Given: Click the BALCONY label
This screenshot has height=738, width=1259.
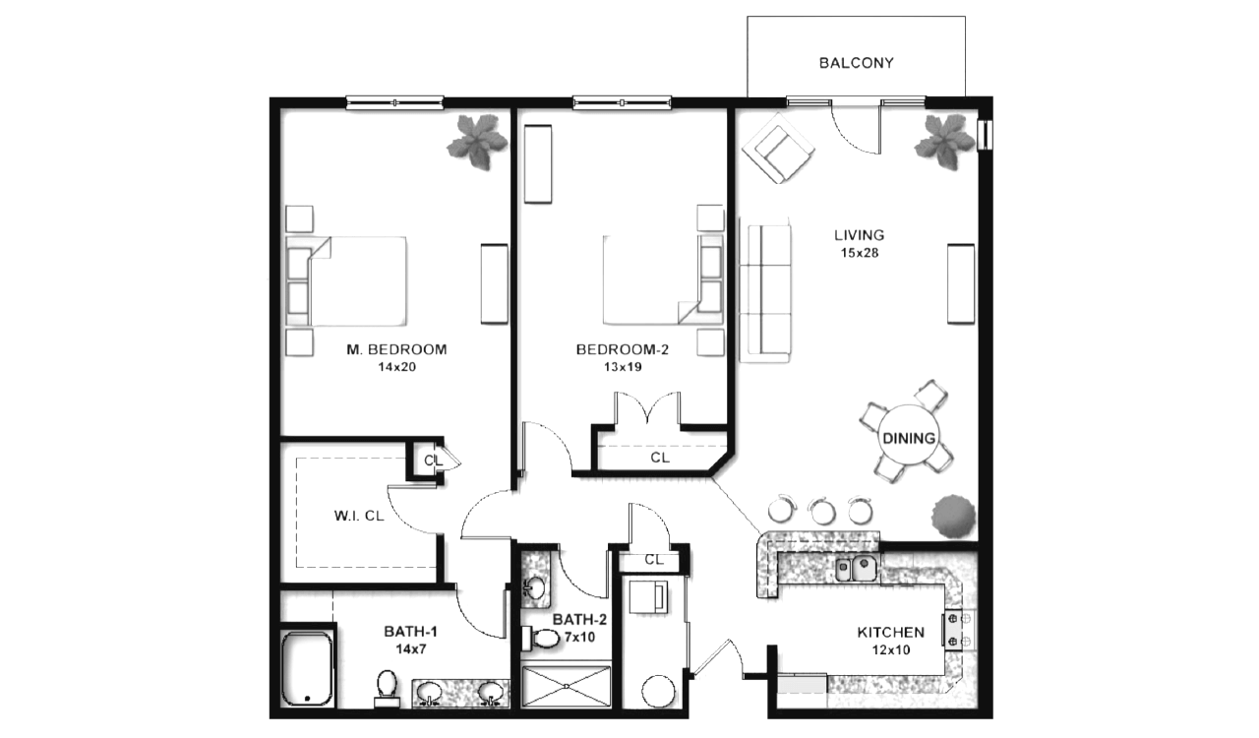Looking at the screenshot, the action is [x=856, y=62].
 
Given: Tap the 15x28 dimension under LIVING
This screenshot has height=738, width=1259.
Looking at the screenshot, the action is [x=860, y=253].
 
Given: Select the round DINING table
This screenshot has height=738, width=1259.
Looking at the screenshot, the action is [x=908, y=435].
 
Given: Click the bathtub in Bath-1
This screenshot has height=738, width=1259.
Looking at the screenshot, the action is [x=307, y=668].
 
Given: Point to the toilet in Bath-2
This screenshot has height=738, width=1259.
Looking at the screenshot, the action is [x=540, y=638].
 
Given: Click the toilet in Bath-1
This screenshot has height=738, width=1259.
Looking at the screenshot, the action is [x=387, y=689].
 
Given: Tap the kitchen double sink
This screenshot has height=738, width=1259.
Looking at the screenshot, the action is [x=856, y=568].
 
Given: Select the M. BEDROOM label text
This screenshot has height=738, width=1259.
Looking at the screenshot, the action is [x=396, y=349].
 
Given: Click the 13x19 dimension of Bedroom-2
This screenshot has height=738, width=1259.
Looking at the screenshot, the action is [x=623, y=367].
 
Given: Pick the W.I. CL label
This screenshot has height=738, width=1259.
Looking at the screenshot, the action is [x=359, y=516].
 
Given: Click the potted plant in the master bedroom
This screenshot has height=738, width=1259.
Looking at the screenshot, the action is [x=478, y=141].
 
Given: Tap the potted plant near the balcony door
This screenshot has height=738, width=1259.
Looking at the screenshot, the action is [x=945, y=141].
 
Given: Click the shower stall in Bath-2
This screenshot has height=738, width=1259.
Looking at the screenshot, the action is [x=566, y=686].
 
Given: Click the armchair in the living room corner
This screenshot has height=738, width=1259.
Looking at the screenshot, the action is [x=778, y=148].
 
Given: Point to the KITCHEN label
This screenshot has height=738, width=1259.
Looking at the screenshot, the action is [x=890, y=633].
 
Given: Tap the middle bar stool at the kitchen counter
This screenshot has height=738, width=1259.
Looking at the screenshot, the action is [x=821, y=510].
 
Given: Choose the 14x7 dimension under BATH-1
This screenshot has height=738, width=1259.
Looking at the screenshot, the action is [x=411, y=648].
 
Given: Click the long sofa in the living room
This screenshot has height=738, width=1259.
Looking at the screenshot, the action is [x=766, y=289].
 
